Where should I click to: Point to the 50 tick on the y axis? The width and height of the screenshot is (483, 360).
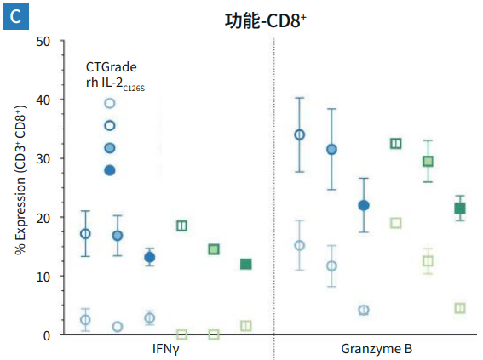click(43, 41)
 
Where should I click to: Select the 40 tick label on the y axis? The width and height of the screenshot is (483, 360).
click(43, 100)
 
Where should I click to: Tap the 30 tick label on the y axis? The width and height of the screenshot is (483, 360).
click(43, 158)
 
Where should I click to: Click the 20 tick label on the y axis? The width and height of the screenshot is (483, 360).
click(43, 217)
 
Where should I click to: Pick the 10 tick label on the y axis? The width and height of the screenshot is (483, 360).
click(43, 277)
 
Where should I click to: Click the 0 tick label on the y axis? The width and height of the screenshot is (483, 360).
click(47, 335)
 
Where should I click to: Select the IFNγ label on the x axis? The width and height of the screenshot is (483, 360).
click(165, 350)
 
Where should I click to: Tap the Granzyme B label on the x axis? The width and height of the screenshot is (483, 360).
click(375, 350)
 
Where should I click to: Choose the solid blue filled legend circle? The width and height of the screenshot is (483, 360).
click(110, 170)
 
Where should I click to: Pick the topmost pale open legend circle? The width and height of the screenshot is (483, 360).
click(110, 104)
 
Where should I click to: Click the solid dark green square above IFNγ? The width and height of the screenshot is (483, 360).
click(246, 264)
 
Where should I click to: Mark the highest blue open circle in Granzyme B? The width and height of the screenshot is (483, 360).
click(300, 134)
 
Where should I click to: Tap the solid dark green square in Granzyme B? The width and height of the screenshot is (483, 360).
click(460, 209)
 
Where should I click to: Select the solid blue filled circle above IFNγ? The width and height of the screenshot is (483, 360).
click(150, 257)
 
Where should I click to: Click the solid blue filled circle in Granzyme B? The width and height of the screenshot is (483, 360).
click(364, 205)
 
